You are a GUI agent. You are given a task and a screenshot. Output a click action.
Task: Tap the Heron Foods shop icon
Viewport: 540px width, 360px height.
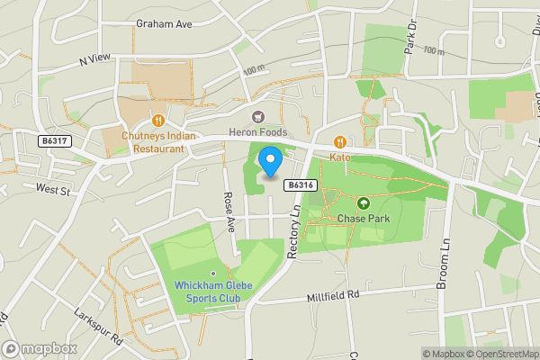click(258, 116)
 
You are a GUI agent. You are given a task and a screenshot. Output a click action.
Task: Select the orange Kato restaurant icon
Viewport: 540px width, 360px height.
click(340, 141)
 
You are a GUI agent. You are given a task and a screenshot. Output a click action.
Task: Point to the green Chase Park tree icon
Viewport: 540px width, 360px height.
click(364, 202)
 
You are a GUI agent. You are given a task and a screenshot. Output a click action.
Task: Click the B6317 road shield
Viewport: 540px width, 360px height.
click(55, 140)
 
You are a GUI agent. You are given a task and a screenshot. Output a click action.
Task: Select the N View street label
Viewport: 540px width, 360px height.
click(94, 59)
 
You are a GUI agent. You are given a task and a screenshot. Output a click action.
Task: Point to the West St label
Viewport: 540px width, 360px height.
click(53, 189)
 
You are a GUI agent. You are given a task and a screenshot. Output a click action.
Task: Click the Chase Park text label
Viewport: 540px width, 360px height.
click(362, 218)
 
